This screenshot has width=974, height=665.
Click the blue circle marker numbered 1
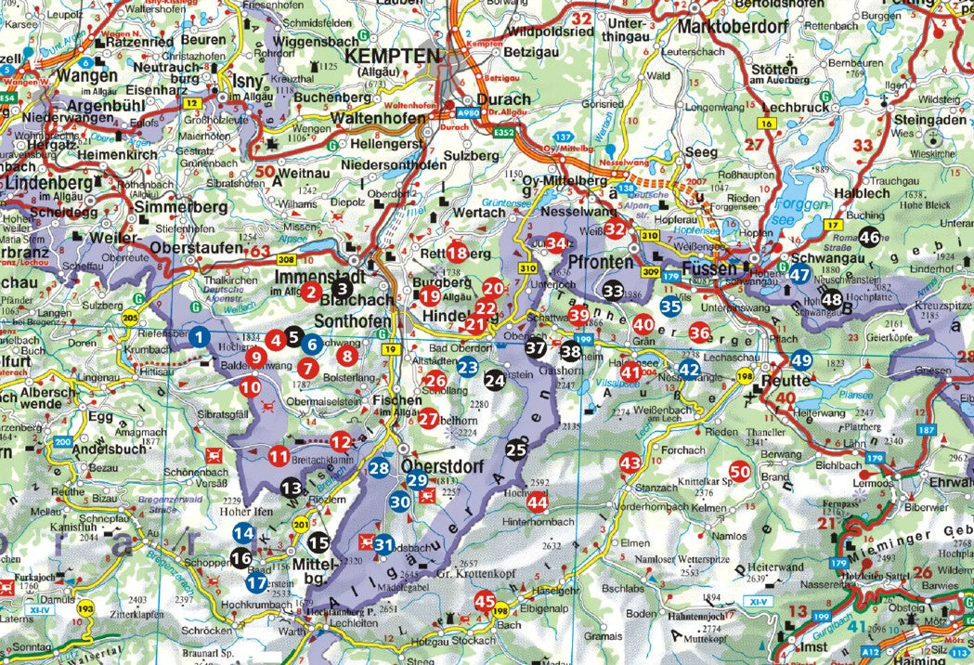pos(199,338)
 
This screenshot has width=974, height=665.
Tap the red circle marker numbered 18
pos(457,252)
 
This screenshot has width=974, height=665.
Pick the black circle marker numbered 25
pos(516,450)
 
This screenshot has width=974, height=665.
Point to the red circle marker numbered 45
pos(485,602)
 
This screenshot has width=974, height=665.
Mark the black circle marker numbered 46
pos(869,237)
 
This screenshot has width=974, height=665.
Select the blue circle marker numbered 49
pos(801,361)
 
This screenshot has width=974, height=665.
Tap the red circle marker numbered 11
pos(279,456)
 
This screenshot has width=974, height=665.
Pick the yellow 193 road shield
pos(86,609)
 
